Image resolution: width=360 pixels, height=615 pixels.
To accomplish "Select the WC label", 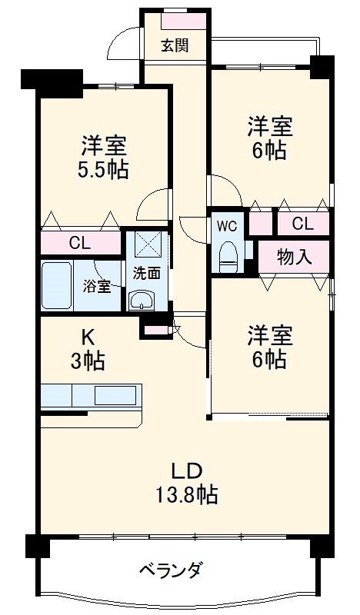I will coord(226,226).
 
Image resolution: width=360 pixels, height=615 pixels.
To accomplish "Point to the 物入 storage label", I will coord(294,257).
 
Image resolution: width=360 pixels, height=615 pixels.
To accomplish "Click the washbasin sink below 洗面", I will coord(141,300).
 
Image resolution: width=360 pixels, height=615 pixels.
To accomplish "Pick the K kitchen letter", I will coord(88,335).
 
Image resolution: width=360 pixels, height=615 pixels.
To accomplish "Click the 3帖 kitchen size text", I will coord(88,359).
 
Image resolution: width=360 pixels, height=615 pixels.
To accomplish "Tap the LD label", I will coord(187,470).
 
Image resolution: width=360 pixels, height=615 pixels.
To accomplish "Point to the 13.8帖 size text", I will coord(187,494).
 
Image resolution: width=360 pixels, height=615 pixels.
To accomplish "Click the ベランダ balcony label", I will coord(172,570).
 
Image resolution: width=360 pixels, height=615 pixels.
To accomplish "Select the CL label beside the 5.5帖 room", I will coord(79,244).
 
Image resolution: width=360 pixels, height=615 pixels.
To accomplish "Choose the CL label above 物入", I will coord(302,224).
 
